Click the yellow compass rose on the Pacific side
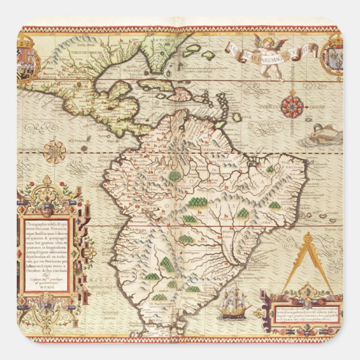pyautogui.click(x=55, y=151)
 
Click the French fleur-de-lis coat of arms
pyautogui.click(x=334, y=55)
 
